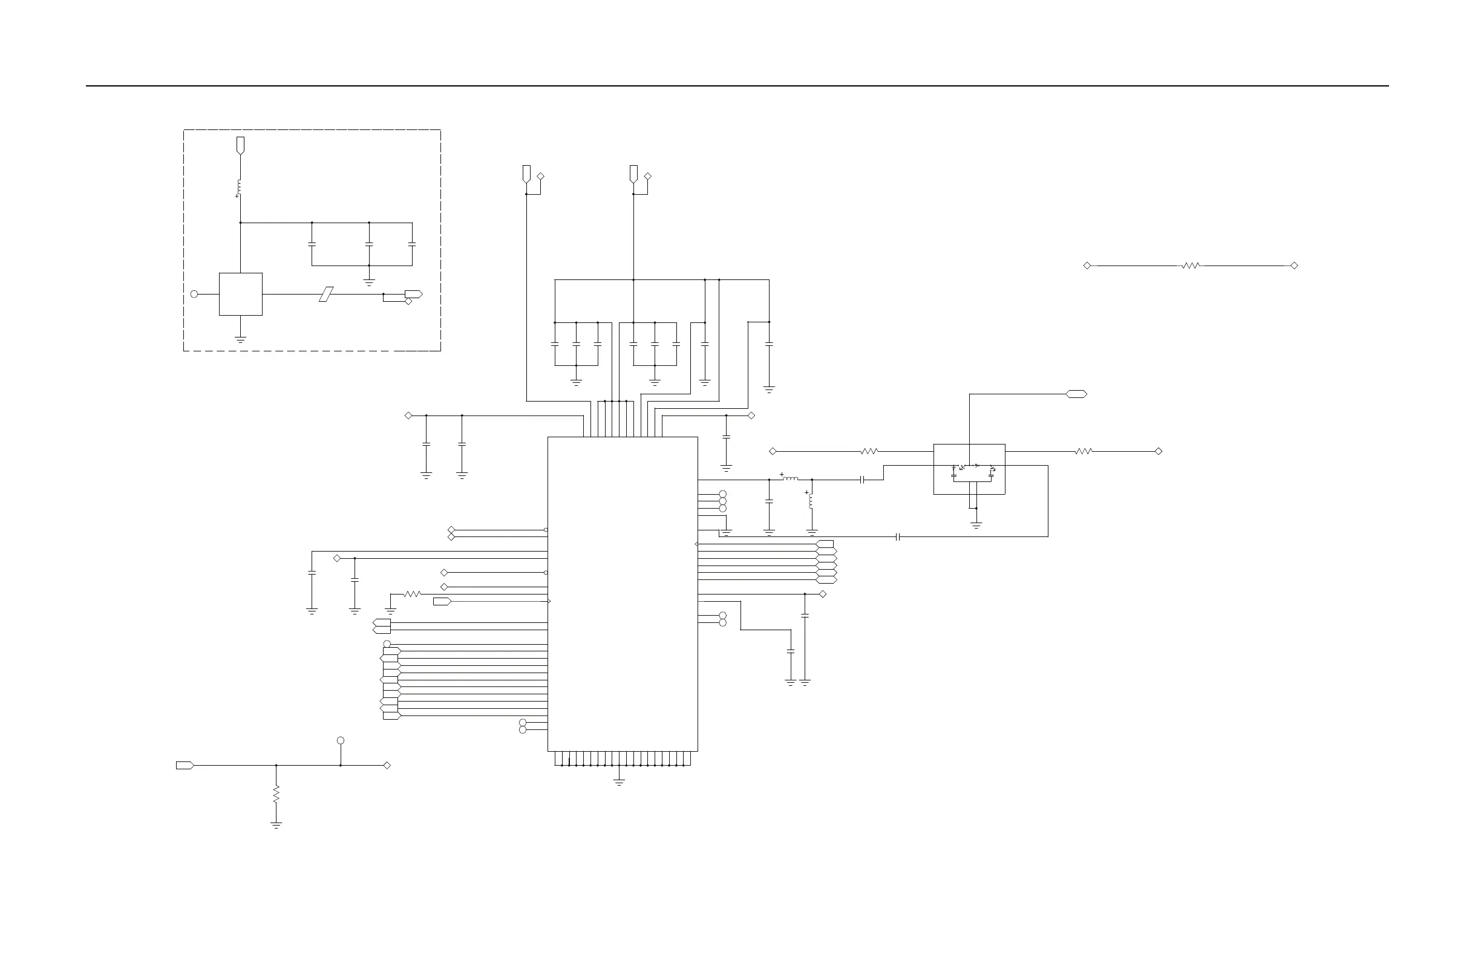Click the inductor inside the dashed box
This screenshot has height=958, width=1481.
click(x=240, y=187)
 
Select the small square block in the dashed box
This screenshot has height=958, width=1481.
click(x=240, y=295)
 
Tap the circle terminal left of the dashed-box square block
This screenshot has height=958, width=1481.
click(x=194, y=295)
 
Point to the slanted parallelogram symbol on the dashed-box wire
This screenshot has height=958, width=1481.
click(x=326, y=295)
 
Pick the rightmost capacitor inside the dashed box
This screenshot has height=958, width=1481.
click(x=412, y=244)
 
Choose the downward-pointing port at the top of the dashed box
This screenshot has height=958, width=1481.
click(x=240, y=146)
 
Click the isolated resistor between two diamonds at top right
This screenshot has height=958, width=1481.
click(x=1191, y=266)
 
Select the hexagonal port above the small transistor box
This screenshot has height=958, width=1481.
click(x=1076, y=394)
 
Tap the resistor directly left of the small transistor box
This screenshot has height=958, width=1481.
click(x=869, y=452)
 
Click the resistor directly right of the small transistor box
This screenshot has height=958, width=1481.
click(x=1084, y=452)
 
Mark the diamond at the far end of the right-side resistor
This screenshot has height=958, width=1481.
click(x=1159, y=452)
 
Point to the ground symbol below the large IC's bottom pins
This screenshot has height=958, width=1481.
click(x=619, y=782)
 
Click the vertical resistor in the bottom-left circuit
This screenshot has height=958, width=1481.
click(x=276, y=793)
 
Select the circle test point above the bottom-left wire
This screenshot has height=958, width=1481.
click(x=341, y=741)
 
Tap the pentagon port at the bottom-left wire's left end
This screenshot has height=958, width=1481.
click(x=185, y=766)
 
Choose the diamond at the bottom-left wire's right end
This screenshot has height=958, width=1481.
click(x=387, y=766)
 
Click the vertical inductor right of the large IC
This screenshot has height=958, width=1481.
click(x=810, y=501)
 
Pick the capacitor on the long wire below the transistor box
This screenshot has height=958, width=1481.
click(x=898, y=536)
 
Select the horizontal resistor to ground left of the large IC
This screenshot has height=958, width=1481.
click(x=412, y=595)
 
